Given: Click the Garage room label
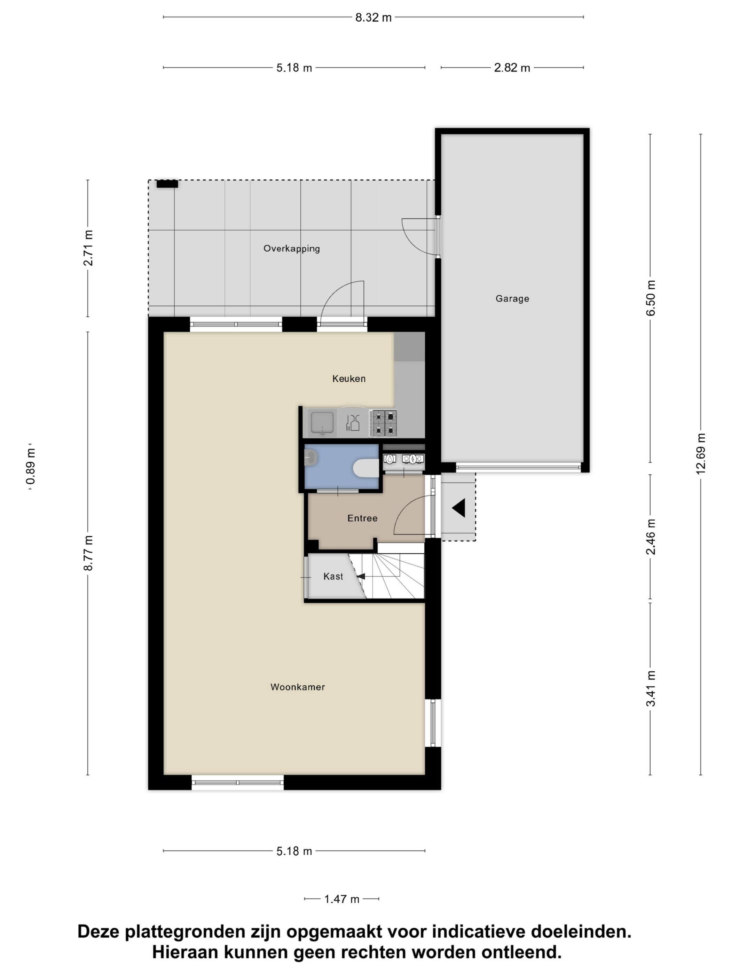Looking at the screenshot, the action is pyautogui.click(x=512, y=298).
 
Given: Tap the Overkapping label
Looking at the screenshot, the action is pyautogui.click(x=292, y=249).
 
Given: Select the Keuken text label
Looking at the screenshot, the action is pyautogui.click(x=349, y=379).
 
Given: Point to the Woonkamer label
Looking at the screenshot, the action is pyautogui.click(x=298, y=687).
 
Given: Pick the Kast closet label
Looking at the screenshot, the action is pyautogui.click(x=333, y=576).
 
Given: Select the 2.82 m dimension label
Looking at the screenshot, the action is pyautogui.click(x=512, y=68).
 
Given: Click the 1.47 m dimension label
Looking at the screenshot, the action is pyautogui.click(x=342, y=899).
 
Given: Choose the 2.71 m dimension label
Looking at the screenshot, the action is pyautogui.click(x=88, y=248).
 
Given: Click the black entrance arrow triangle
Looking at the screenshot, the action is pyautogui.click(x=459, y=508).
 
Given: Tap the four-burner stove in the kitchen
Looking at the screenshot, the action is pyautogui.click(x=383, y=423).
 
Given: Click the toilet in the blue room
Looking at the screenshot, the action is pyautogui.click(x=366, y=468).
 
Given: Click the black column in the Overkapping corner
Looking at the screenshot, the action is pyautogui.click(x=167, y=184).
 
